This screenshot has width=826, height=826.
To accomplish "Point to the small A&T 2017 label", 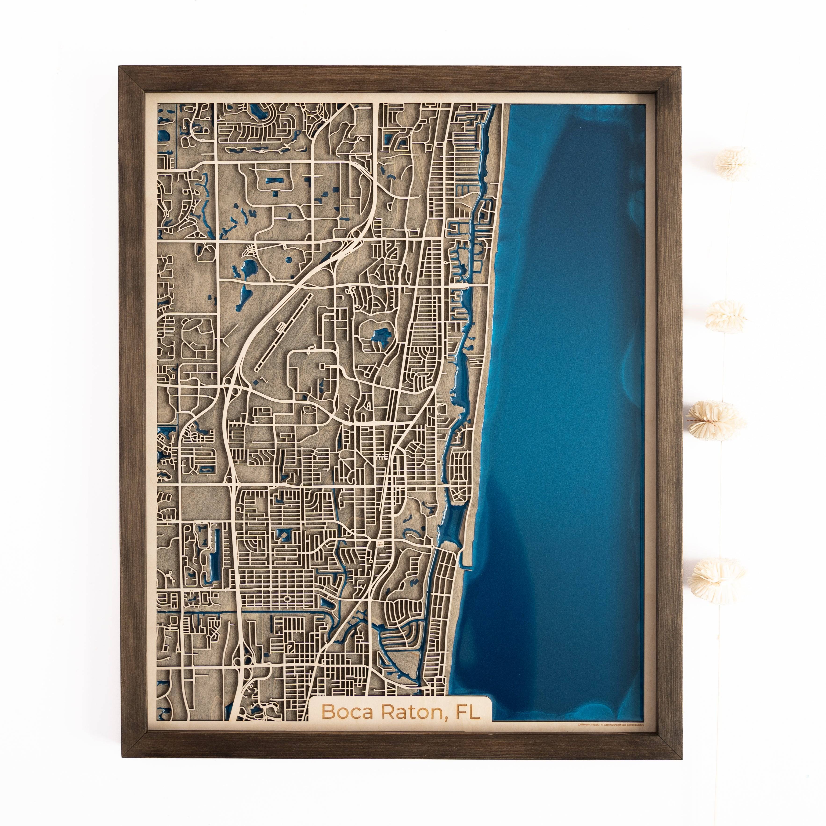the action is (379, 544).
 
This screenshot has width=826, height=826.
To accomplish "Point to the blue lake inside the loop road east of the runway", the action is (380, 334).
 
